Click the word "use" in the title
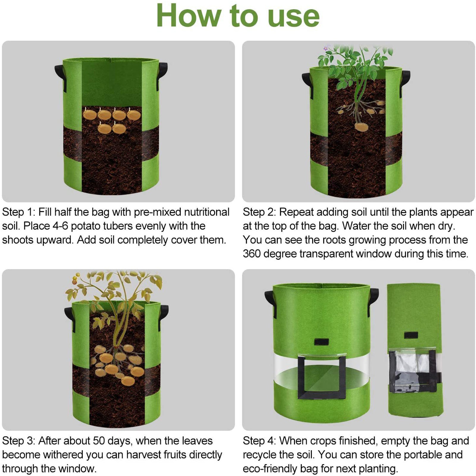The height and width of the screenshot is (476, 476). click(x=294, y=17)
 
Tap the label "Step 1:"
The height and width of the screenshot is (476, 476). click(x=19, y=212)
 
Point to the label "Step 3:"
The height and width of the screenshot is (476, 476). click(x=19, y=441)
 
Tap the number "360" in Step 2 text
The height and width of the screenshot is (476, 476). click(x=252, y=254)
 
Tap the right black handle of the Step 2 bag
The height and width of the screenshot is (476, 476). click(x=405, y=81)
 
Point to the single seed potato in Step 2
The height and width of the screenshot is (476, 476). click(x=362, y=127)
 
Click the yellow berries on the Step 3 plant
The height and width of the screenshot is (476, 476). click(x=76, y=279)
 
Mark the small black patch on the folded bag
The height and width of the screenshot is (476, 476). click(x=411, y=335)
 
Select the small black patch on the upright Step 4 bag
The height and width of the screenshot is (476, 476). click(x=321, y=342)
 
